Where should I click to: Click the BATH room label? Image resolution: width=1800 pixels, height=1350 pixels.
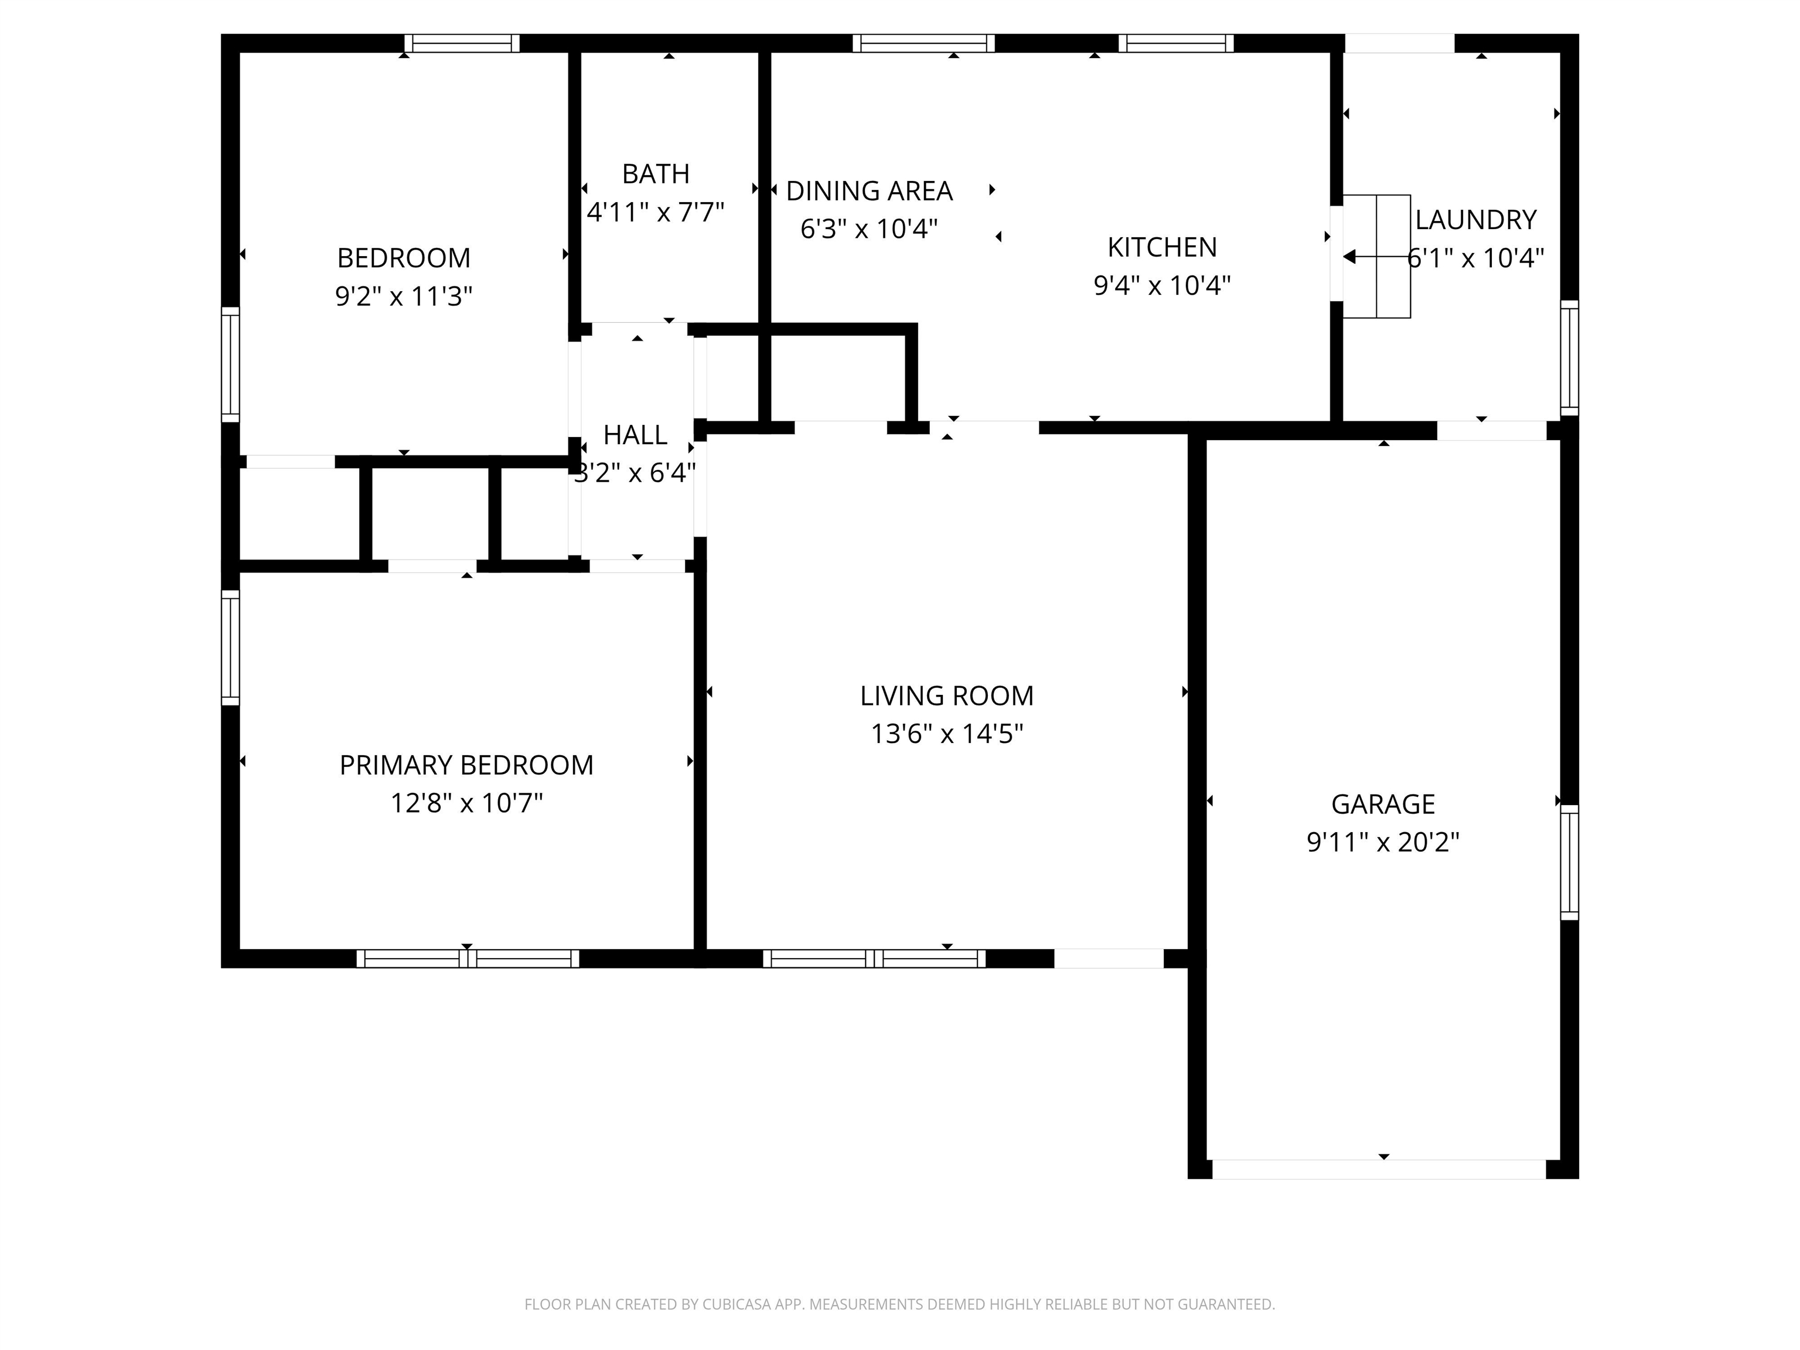click(655, 173)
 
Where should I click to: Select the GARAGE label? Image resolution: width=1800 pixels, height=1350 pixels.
click(1383, 804)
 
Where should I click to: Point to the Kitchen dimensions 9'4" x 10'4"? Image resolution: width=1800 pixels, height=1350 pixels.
click(1162, 285)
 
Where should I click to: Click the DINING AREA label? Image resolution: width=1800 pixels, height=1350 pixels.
click(869, 190)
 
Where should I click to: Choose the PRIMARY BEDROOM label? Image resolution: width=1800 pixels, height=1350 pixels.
click(466, 765)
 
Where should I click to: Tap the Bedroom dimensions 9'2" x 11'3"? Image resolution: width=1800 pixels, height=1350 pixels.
click(404, 296)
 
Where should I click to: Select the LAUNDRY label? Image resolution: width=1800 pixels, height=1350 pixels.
click(1475, 220)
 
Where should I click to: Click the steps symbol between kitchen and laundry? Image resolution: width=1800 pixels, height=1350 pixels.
click(1376, 256)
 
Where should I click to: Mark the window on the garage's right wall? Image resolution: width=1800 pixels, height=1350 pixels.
click(1569, 862)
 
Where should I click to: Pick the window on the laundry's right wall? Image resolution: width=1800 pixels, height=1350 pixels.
click(1569, 358)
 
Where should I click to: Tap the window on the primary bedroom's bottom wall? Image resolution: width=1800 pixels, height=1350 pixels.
click(468, 959)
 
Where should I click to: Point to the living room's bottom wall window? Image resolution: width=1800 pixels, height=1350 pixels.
click(874, 959)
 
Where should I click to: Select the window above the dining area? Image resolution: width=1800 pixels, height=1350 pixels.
click(923, 43)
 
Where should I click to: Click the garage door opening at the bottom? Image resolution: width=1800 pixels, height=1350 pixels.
click(1379, 1170)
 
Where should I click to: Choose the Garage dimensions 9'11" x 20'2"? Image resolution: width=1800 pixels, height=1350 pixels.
click(1383, 841)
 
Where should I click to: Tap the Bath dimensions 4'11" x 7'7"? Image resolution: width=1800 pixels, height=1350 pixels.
click(655, 212)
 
